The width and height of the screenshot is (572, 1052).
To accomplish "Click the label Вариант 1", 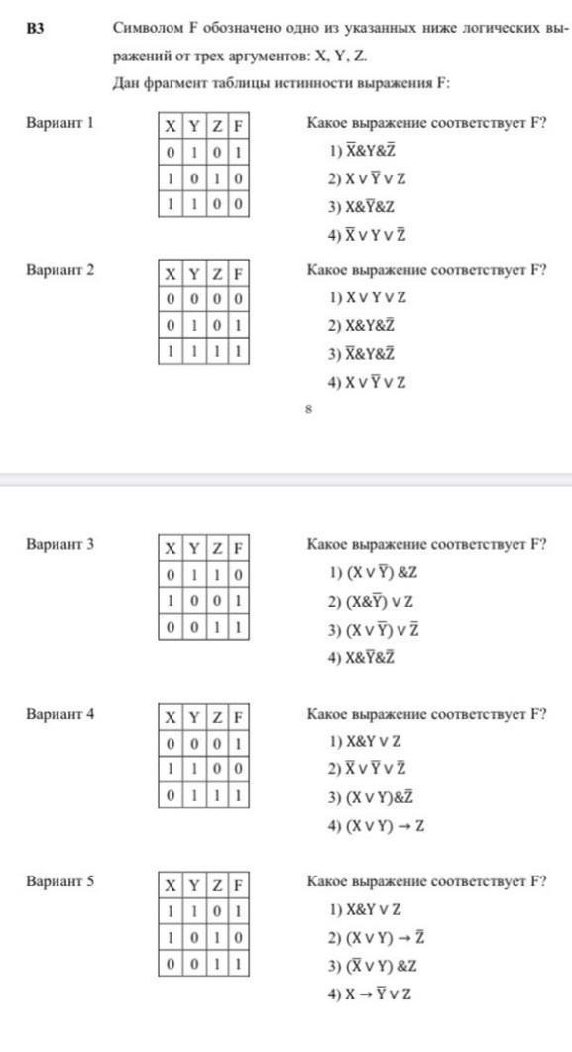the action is click(59, 123).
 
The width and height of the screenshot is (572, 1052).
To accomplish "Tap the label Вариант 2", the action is click(59, 270).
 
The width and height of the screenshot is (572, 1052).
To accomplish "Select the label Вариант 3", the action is click(59, 544).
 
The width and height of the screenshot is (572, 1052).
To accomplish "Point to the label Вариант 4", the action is click(59, 713).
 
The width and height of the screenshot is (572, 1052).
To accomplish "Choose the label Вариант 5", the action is click(59, 881).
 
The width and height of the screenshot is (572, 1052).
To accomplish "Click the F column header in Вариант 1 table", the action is click(238, 126).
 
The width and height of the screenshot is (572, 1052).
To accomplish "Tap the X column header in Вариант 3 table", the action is click(171, 549).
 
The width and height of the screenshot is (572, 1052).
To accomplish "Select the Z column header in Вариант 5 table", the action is click(216, 885).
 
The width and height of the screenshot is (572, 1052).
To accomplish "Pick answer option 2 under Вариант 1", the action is click(367, 178).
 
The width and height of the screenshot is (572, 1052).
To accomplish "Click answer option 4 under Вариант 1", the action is click(367, 235).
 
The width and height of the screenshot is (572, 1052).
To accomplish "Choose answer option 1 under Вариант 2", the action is click(367, 297).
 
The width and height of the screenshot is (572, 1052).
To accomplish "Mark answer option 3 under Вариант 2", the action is click(362, 354).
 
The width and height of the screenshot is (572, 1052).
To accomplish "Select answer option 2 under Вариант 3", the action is click(371, 601).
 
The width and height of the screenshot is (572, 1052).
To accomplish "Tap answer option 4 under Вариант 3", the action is click(362, 657).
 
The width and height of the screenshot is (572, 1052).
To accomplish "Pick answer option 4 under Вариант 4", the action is click(376, 825).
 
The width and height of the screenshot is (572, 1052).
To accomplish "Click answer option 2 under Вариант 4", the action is click(367, 768).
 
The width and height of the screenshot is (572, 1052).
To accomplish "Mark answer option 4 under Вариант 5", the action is click(369, 994).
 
